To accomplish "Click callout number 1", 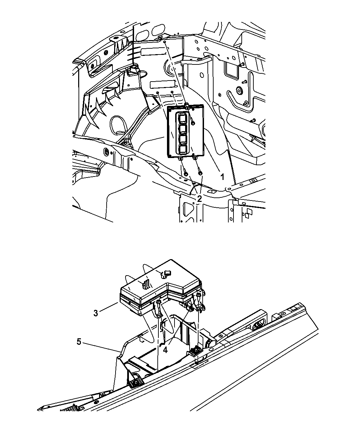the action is tap(222, 177).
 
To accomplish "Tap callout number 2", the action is tap(199, 199).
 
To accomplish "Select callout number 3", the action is tap(96, 313).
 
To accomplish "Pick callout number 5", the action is tap(79, 342).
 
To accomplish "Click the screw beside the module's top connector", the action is tap(193, 123).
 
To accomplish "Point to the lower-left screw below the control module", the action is tap(185, 174).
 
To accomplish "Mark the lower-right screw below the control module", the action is tap(200, 173).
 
